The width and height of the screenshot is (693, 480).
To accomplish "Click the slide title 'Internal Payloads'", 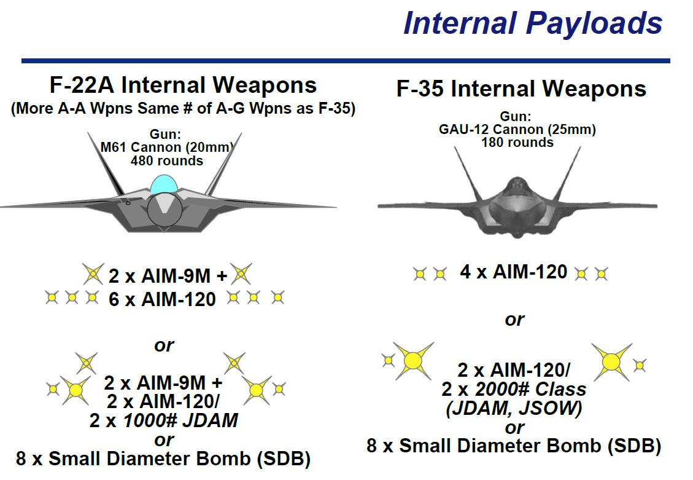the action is click(533, 23).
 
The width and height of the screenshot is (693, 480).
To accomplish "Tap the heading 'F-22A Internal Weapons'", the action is click(183, 85).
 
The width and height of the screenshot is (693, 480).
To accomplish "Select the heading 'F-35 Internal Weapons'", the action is click(521, 89).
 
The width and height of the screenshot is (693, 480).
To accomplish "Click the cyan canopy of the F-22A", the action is click(164, 184).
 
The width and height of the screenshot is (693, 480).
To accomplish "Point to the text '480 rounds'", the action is click(166, 160).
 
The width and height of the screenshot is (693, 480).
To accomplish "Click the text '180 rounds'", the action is click(517, 143).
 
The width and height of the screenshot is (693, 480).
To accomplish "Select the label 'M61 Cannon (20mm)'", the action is click(166, 147).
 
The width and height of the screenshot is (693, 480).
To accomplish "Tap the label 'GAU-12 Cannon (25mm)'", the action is click(517, 130).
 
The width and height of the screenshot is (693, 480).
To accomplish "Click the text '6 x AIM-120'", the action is click(162, 299).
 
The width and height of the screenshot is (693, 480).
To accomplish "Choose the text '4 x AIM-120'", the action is click(514, 272).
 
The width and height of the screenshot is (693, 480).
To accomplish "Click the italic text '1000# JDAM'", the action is click(180, 420).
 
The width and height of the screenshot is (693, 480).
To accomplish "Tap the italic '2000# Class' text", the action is click(530, 389).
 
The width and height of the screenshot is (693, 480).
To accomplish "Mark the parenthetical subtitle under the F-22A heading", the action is click(183, 108).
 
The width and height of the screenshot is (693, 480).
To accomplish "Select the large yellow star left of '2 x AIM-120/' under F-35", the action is click(413, 361).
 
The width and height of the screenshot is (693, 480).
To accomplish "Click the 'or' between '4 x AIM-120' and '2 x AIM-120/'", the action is click(514, 319).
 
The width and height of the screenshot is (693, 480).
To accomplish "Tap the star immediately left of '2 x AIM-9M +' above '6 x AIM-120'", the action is click(93, 274).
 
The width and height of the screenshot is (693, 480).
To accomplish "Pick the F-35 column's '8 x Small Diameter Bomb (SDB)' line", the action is click(514, 446).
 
